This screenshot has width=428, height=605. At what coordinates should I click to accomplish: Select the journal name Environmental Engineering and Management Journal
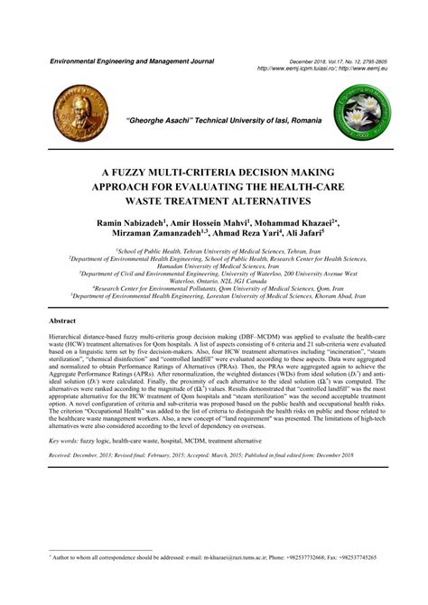coord(132,60)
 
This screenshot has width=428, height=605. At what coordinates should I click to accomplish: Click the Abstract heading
coord(63,321)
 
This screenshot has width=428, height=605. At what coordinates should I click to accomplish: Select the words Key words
coord(64,465)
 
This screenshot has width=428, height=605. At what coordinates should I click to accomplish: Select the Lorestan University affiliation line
coord(219,295)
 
